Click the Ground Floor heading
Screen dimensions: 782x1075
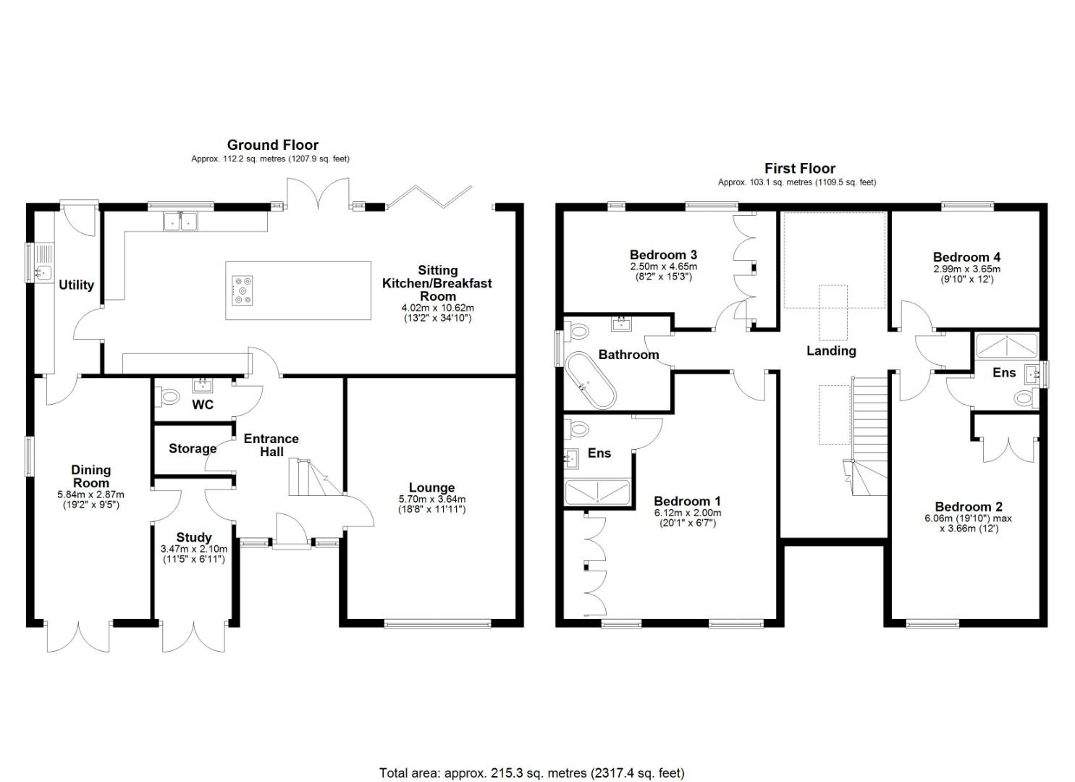pos(272,145)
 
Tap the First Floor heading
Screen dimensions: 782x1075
pos(800,169)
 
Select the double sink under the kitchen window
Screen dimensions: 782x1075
pos(180,222)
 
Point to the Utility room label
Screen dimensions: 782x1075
pos(76,285)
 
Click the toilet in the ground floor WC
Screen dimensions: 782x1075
pos(169,396)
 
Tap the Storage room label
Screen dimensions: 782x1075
pos(193,449)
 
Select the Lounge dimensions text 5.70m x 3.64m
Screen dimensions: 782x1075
pos(431,499)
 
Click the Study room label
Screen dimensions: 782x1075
pos(193,537)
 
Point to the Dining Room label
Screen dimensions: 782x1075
pos(90,476)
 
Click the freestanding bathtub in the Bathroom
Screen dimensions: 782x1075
pos(591,380)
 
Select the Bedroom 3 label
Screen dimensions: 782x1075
pos(663,255)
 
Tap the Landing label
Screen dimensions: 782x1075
pos(831,350)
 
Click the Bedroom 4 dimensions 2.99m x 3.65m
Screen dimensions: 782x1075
pos(966,269)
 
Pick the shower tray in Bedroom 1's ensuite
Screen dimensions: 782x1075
pos(597,492)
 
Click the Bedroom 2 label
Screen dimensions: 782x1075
pos(968,507)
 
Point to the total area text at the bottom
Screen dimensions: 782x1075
pos(531,773)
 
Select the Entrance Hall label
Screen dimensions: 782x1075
pos(271,445)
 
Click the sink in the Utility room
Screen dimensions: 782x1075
pos(43,272)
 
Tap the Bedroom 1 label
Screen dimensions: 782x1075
pos(686,501)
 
